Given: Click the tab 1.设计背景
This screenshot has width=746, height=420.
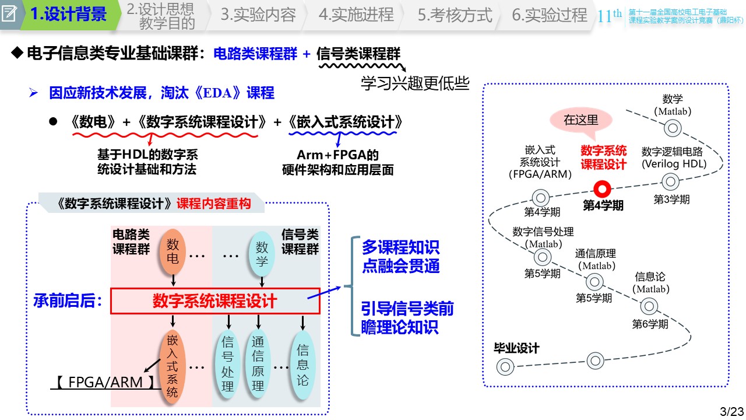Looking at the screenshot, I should [x=68, y=15].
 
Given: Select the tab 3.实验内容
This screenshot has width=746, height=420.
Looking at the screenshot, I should [x=258, y=15].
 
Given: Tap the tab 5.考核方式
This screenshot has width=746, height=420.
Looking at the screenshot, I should [x=455, y=15].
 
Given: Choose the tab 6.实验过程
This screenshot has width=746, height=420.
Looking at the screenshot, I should [x=549, y=15].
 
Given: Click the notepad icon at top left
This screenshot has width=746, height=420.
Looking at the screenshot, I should [x=10, y=13].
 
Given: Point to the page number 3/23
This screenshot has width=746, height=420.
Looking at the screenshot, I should [x=732, y=411].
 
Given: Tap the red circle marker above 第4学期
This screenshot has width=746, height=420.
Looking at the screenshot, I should [x=603, y=189].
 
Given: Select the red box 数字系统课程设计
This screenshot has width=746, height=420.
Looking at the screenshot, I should [x=214, y=301].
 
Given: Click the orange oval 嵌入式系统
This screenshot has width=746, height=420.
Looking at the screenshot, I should [x=172, y=366].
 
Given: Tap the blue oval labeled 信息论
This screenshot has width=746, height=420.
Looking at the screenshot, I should [x=302, y=366].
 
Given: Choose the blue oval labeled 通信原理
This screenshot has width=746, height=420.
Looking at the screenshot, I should [x=258, y=366].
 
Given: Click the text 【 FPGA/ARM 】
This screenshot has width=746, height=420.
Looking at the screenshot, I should [x=105, y=382].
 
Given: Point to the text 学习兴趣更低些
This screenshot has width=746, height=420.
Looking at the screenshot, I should [x=415, y=84].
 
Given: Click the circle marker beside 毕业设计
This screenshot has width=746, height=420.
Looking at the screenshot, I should [x=505, y=367].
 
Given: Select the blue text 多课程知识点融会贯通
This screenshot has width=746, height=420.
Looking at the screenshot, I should [x=400, y=257].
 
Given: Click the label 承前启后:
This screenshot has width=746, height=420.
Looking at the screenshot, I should [x=69, y=301].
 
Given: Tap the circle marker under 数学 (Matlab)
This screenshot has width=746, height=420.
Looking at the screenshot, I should [x=673, y=128].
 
